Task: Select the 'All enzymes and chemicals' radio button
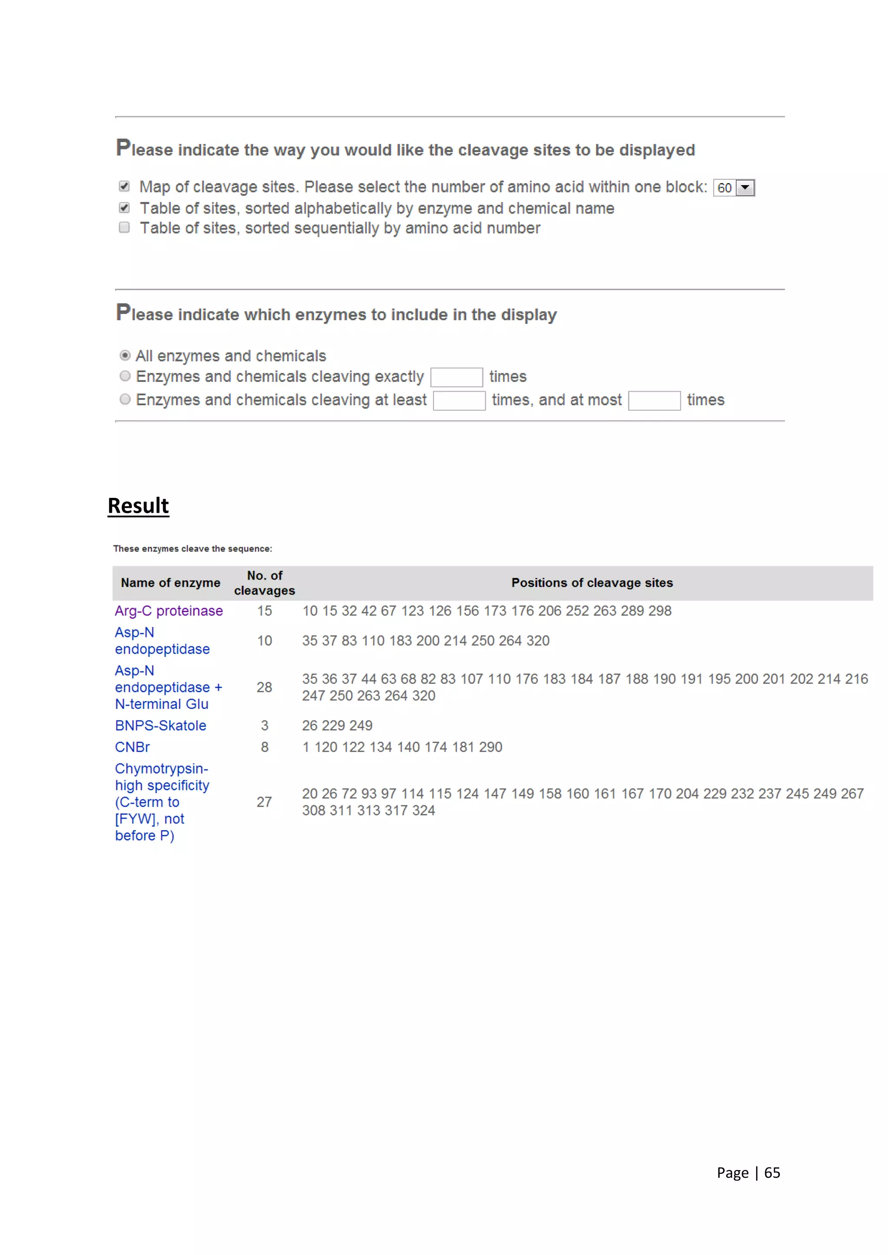[125, 356]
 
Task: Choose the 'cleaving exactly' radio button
[125, 376]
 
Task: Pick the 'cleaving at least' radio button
[125, 400]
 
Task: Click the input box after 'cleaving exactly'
[457, 377]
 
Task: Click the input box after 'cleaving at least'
[459, 401]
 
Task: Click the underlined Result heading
[138, 506]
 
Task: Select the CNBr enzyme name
[132, 747]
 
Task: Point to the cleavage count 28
[264, 687]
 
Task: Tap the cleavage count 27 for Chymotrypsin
[264, 802]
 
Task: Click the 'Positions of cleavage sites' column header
[592, 583]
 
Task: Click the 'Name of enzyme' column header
[170, 583]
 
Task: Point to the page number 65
[772, 1173]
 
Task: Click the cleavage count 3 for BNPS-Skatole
[264, 725]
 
